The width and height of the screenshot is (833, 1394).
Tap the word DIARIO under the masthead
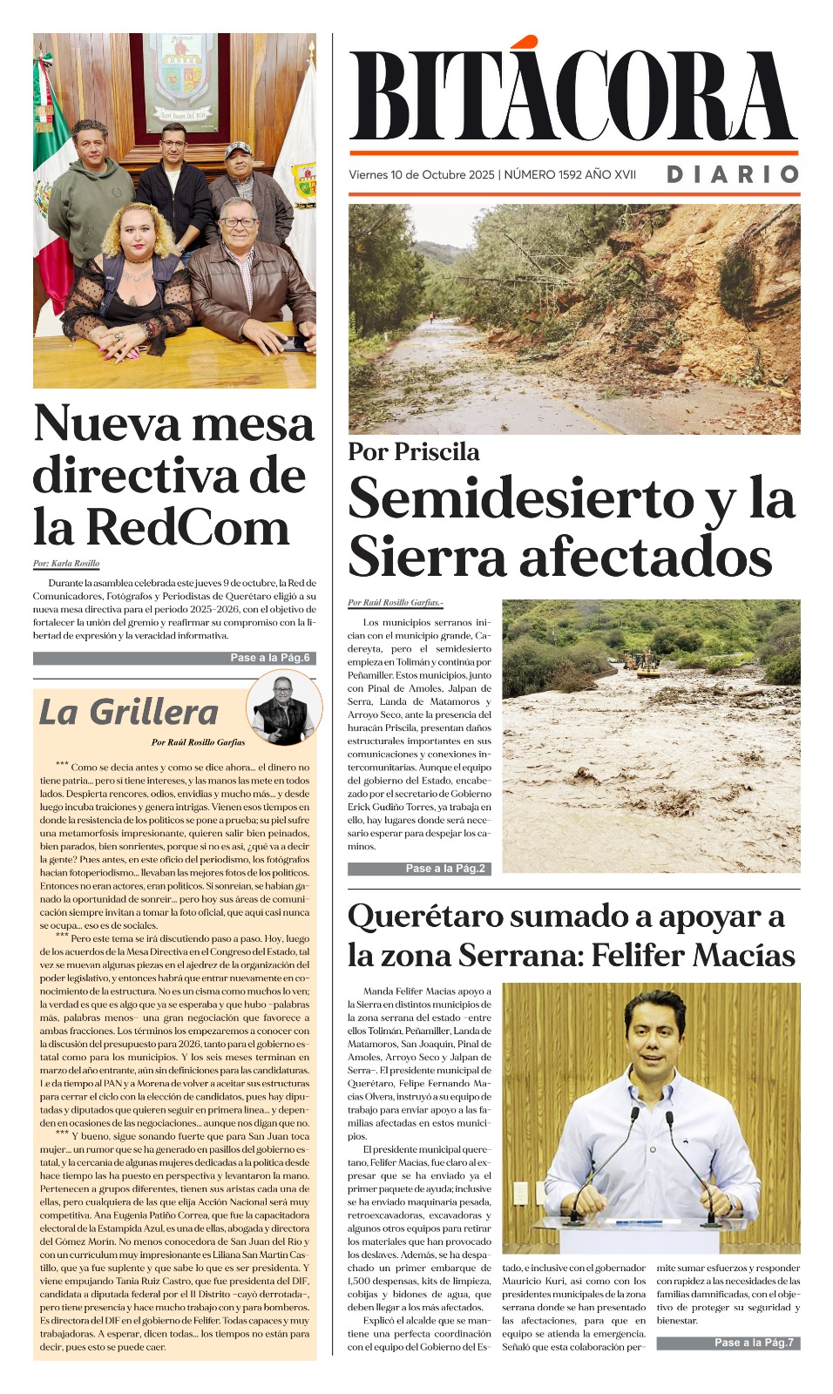pyautogui.click(x=733, y=174)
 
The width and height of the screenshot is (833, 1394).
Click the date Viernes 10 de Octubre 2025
pyautogui.click(x=421, y=174)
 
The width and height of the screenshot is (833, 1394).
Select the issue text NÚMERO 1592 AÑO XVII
pyautogui.click(x=570, y=174)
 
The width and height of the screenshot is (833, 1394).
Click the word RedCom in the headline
pyautogui.click(x=187, y=527)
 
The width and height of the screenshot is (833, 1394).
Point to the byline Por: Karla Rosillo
pyautogui.click(x=66, y=564)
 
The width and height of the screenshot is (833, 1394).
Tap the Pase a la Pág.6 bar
pyautogui.click(x=174, y=658)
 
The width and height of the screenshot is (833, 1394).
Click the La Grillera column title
pyautogui.click(x=128, y=713)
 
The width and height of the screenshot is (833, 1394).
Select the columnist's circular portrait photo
pyautogui.click(x=280, y=707)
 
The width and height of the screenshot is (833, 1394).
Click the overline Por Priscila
pyautogui.click(x=414, y=451)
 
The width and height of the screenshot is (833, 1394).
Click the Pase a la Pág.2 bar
pyautogui.click(x=419, y=869)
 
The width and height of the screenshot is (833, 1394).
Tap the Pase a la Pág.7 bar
pyautogui.click(x=728, y=1343)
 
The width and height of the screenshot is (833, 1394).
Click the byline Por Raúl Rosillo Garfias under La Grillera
pyautogui.click(x=199, y=742)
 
